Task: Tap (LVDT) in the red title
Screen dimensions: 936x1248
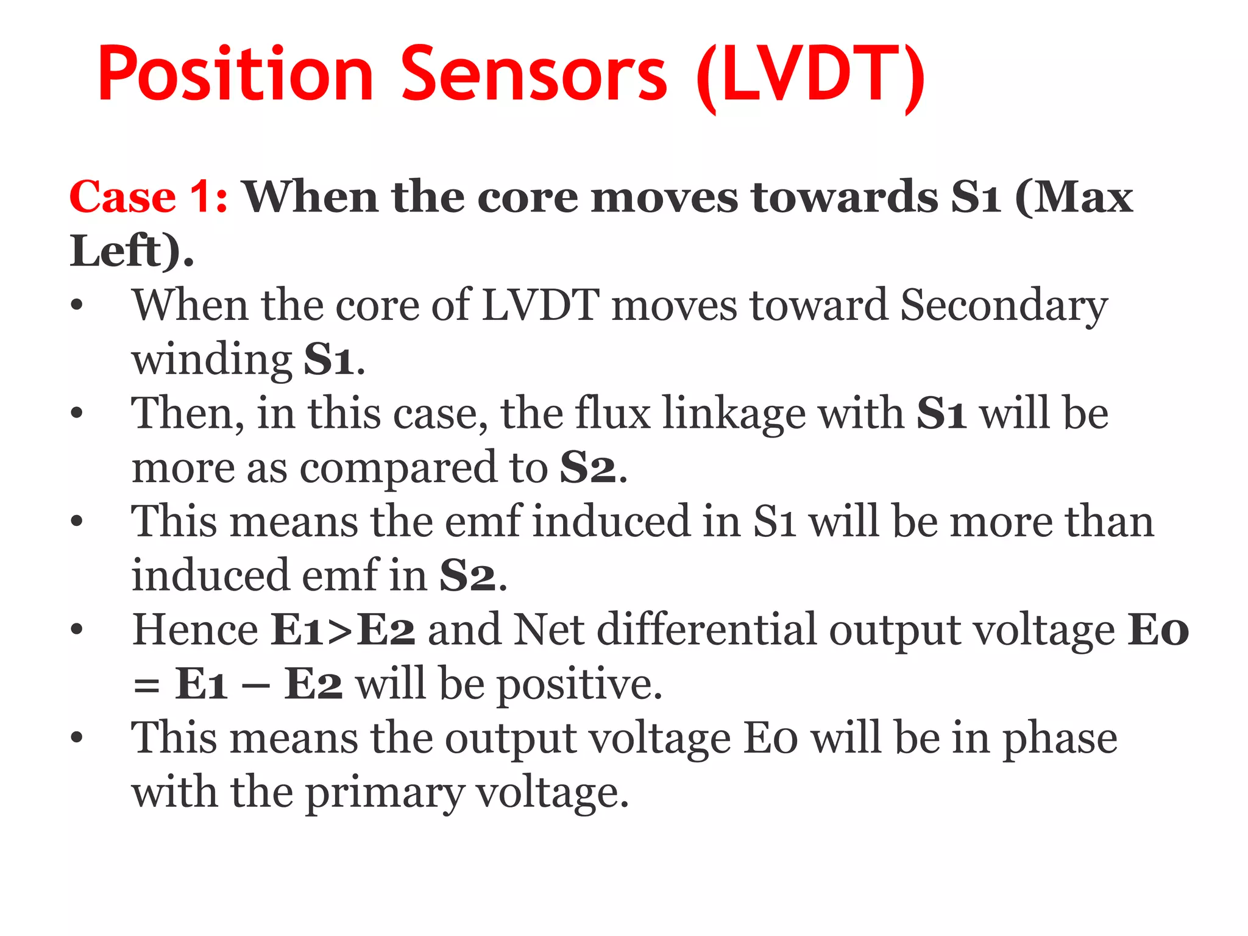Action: coord(810,76)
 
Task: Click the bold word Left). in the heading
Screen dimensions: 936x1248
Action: coord(132,251)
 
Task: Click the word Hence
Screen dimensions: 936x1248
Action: coord(196,630)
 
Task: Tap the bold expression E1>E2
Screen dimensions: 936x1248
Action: coord(343,630)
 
